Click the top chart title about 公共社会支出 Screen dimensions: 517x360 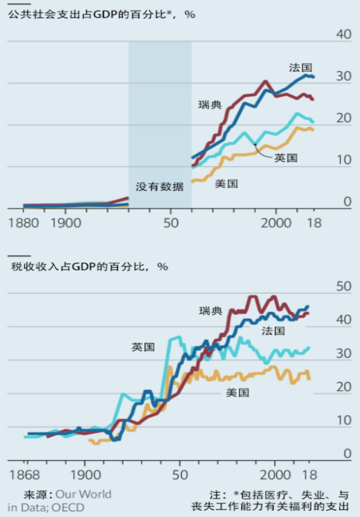[101, 14]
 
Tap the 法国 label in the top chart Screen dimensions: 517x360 [300, 67]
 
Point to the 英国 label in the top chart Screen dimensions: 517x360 [286, 157]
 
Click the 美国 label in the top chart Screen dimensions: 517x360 [226, 184]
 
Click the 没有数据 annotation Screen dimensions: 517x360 [160, 187]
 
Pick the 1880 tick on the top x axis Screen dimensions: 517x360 [23, 222]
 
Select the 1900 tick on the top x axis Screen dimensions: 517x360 [65, 222]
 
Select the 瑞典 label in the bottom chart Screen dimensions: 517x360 [211, 311]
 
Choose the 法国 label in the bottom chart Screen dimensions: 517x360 [273, 331]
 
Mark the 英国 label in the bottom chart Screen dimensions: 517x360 [143, 348]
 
